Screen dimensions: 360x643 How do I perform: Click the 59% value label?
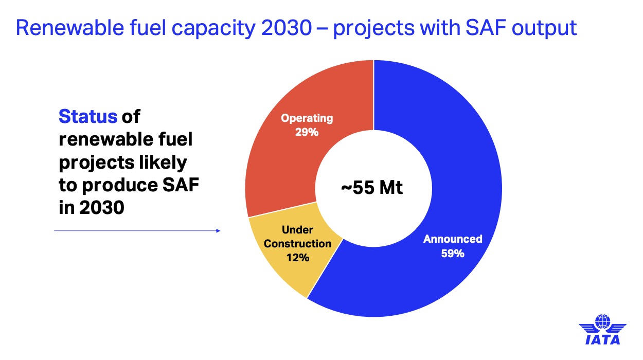[453, 253]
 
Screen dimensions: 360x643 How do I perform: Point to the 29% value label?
[307, 132]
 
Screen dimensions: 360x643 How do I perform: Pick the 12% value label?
[297, 257]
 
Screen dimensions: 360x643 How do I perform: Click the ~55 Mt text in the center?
[373, 188]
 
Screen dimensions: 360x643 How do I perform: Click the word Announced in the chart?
[453, 239]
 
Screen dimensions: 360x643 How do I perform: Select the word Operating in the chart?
[307, 118]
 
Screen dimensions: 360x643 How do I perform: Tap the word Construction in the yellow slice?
[297, 243]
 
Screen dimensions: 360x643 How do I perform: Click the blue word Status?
[88, 117]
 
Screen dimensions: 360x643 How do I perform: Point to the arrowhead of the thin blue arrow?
[218, 231]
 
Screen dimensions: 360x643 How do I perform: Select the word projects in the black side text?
[98, 163]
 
